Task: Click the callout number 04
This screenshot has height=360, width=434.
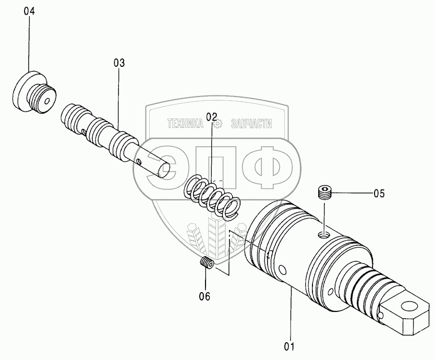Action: (29, 11)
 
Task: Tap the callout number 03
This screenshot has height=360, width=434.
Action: (119, 63)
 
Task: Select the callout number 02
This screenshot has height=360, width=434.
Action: (211, 117)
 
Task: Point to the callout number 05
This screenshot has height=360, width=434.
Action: (379, 193)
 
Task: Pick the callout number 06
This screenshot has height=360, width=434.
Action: (204, 296)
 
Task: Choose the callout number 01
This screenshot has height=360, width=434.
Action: (289, 346)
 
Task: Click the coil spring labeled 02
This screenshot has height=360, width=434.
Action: (212, 196)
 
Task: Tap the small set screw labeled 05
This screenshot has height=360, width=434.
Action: (324, 193)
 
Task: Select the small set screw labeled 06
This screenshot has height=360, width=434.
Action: (207, 262)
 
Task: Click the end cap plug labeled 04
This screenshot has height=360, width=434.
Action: (34, 92)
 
